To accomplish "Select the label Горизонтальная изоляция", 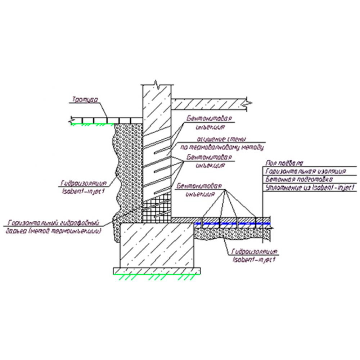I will [305, 171].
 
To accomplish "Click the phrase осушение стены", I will [220, 139].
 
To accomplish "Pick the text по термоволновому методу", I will [222, 147].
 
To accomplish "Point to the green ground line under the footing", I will [157, 274].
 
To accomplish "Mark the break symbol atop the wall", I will [157, 84].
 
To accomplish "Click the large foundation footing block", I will [155, 245].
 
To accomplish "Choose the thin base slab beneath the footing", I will [157, 270].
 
